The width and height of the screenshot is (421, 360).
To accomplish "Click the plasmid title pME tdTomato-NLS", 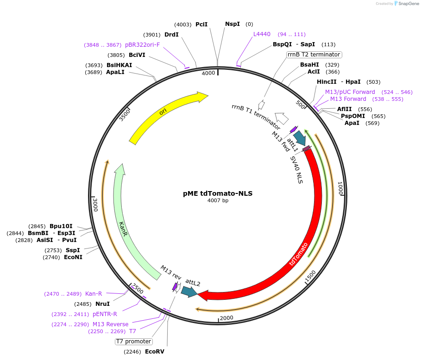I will point(218,193).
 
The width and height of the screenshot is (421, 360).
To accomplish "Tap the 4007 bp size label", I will point(218,201).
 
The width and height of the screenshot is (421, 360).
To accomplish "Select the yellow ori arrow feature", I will point(167,116).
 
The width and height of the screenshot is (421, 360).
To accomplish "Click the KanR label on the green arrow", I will point(123,229).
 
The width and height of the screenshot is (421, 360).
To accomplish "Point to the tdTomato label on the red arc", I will point(299,254).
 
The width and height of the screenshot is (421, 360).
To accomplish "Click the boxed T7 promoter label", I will point(133,341).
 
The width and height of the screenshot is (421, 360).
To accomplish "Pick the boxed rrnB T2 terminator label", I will point(314,55).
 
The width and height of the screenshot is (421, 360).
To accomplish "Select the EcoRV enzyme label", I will point(154,352).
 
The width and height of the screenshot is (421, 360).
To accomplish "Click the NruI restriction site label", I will point(102,304).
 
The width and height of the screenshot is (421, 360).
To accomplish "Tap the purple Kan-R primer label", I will point(94,294).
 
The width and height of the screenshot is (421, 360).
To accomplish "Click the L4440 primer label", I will point(262,34).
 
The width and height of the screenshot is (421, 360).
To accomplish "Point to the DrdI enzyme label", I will point(171,35).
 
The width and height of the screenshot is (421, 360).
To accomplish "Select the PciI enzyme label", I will point(201,24).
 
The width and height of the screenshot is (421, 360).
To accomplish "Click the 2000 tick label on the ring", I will point(226,318).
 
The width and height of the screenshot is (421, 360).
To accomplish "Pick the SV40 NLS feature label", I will point(296,170).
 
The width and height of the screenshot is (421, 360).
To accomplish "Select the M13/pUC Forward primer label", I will point(350,92).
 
